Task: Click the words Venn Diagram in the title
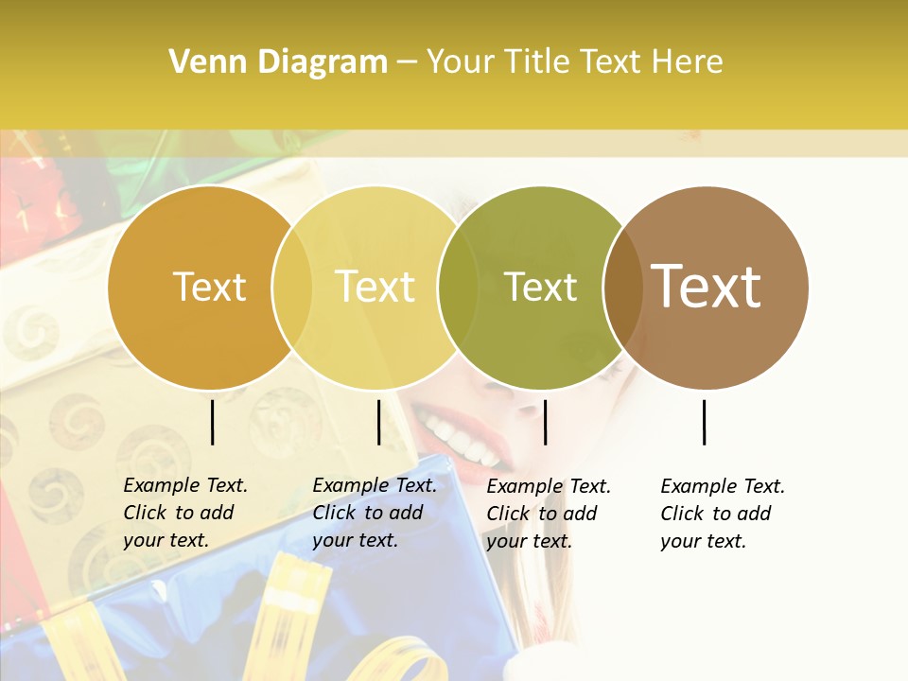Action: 278,62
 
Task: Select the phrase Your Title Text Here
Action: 574,62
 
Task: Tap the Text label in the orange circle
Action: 209,287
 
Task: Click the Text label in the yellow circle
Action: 375,287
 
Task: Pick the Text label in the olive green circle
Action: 540,287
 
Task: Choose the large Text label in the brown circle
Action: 707,286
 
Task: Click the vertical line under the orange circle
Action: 212,422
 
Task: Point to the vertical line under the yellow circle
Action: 378,422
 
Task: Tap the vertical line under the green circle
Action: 545,422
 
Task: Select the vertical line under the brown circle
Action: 705,422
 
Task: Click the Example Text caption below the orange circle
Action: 185,513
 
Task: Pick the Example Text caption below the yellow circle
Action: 375,513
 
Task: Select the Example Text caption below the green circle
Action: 549,514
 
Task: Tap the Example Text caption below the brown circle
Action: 723,514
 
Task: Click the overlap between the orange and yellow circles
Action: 292,288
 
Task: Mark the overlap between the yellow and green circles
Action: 458,288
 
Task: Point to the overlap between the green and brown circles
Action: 623,288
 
